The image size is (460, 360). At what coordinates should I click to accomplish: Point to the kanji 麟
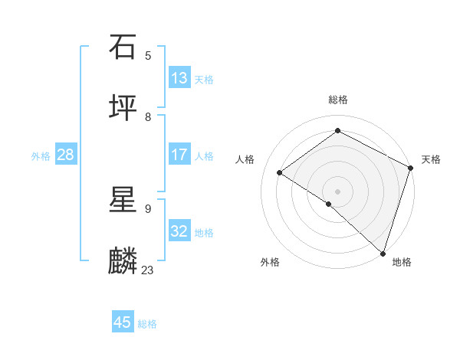click(123, 260)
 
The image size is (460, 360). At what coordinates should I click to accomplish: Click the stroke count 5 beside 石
click(148, 55)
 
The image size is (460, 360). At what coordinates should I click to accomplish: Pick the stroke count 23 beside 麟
click(148, 270)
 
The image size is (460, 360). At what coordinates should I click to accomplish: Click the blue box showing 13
click(179, 78)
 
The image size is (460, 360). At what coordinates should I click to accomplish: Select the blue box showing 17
click(179, 155)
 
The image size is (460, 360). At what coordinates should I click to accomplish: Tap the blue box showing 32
click(179, 231)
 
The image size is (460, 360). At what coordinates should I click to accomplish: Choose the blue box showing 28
click(66, 155)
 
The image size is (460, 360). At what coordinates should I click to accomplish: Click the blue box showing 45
click(123, 322)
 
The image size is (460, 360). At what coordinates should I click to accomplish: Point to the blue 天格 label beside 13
click(204, 80)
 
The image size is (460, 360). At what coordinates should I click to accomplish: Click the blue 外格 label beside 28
click(41, 156)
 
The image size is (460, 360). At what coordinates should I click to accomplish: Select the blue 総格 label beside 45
click(147, 324)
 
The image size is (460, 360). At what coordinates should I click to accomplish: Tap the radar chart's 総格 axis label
click(337, 100)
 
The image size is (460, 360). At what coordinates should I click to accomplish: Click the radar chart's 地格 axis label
click(402, 262)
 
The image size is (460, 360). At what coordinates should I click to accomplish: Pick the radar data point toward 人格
click(280, 172)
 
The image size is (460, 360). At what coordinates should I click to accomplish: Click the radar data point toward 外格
click(329, 204)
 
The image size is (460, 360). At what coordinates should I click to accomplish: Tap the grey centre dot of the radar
click(337, 191)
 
